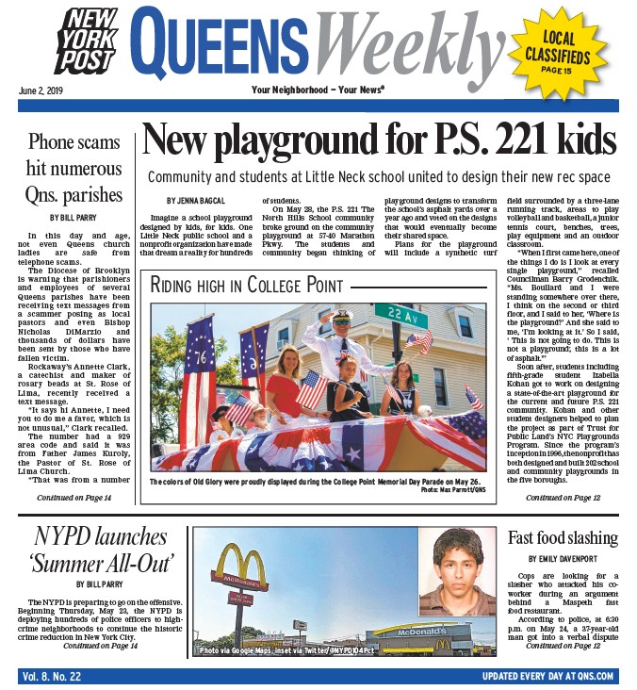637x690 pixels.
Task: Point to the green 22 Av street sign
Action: (x=400, y=310)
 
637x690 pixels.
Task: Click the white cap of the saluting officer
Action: (x=342, y=319)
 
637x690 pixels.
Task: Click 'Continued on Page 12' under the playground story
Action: (x=563, y=497)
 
